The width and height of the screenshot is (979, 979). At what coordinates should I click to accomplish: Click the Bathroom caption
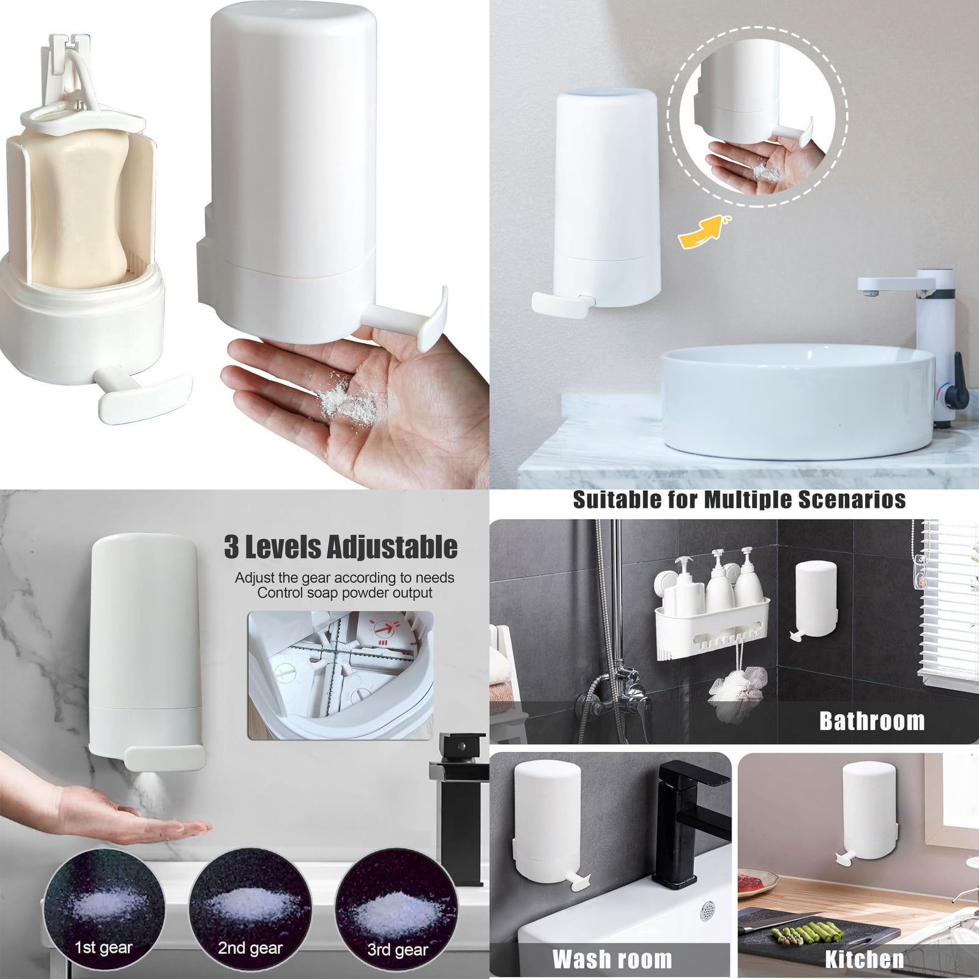[x=871, y=721]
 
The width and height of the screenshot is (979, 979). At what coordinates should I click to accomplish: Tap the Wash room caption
[x=612, y=959]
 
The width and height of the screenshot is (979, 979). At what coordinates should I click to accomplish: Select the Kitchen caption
[x=864, y=959]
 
